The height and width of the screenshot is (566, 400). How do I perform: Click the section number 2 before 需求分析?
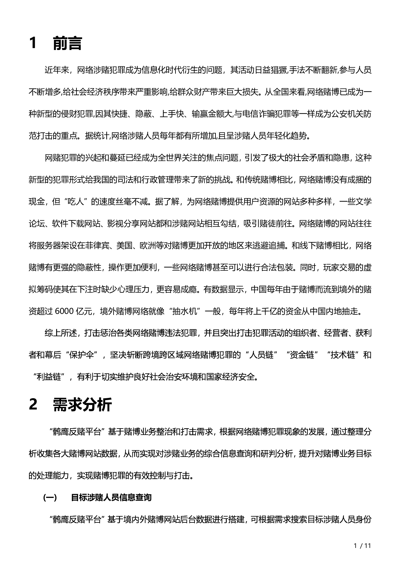coord(33,404)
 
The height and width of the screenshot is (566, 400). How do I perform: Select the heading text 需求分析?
coord(82,404)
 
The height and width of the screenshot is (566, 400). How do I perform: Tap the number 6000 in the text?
coord(65,311)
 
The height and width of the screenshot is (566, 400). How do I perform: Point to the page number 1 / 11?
coord(363,546)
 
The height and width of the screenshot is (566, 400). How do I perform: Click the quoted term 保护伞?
coord(81,355)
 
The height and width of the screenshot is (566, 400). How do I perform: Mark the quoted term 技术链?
coord(345,355)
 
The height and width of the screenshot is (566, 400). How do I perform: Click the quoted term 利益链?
coord(49,377)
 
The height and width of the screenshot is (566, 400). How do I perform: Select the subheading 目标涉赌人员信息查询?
coord(111,498)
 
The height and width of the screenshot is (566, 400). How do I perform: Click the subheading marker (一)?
coord(50,498)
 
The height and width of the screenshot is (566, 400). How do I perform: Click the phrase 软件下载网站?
coord(76,224)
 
